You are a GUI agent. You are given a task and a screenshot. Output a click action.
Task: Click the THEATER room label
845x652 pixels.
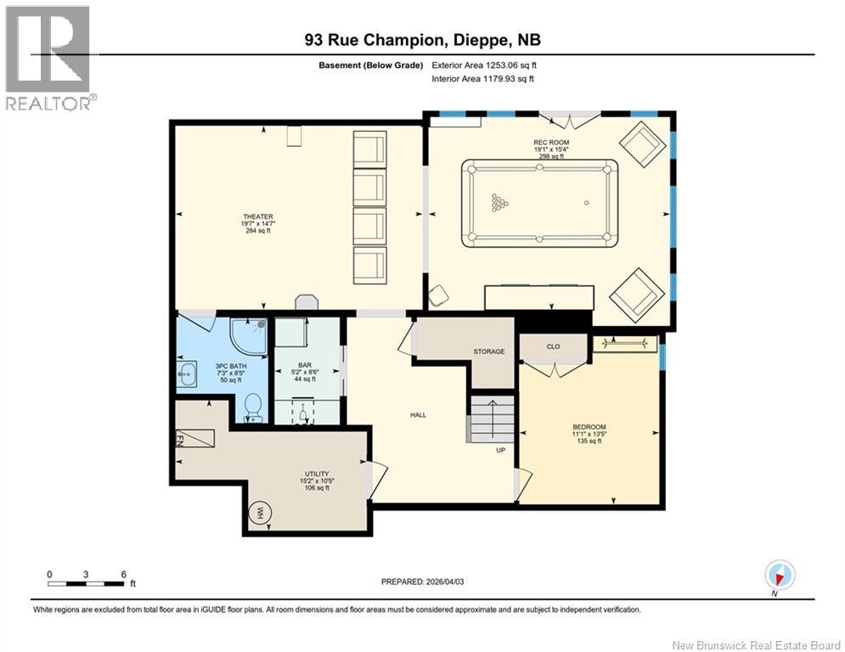(x=257, y=216)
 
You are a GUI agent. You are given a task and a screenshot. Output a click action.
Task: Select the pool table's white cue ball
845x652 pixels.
(x=586, y=202)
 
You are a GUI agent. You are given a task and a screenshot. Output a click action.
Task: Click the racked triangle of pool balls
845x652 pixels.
(x=499, y=202)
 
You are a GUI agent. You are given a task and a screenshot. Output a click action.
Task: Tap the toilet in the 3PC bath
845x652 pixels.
(x=253, y=407)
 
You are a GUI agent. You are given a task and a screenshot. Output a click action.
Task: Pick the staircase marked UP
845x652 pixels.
(x=493, y=418)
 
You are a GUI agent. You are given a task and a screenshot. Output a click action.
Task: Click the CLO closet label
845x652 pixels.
(x=553, y=347)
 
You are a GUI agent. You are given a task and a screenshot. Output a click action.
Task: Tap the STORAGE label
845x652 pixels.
(x=488, y=351)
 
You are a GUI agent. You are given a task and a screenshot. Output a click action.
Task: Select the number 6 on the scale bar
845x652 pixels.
(x=124, y=573)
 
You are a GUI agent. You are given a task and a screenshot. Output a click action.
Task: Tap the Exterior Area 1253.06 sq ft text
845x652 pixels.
(x=484, y=65)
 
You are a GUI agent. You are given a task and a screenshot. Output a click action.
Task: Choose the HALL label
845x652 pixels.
(x=418, y=415)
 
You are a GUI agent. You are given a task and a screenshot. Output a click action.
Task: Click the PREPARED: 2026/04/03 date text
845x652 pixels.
(x=430, y=582)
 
